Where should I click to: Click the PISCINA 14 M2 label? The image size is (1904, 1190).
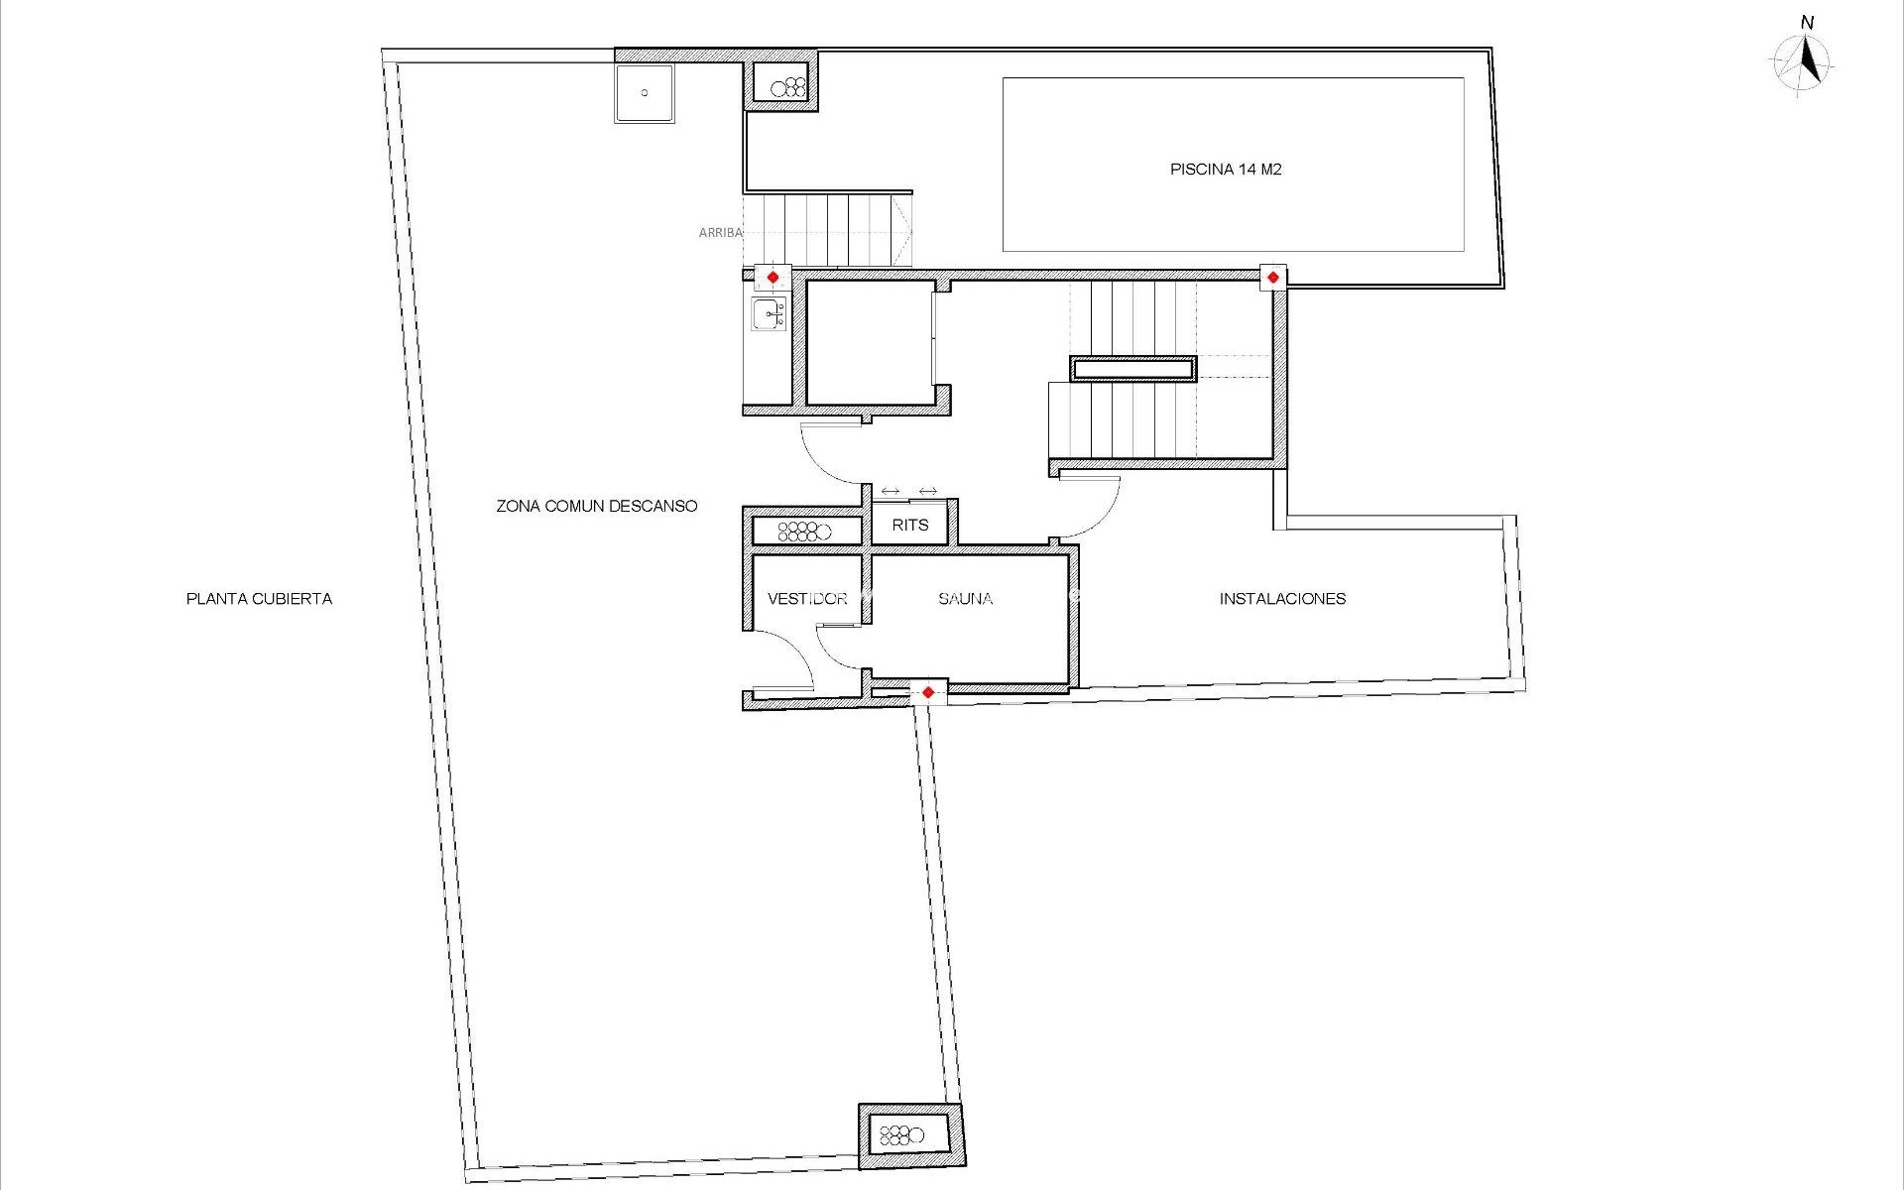tap(1225, 170)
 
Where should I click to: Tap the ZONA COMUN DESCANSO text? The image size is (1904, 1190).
tap(596, 506)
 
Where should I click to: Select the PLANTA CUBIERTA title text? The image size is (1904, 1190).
tap(259, 599)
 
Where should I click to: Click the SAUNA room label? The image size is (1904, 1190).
tap(965, 599)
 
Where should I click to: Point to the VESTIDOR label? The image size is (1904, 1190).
tap(806, 599)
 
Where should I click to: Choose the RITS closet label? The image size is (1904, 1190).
tap(909, 525)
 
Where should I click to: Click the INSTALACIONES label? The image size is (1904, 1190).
tap(1281, 599)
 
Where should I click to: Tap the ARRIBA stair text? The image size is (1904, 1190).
tap(720, 233)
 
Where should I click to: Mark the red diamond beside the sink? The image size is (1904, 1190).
tap(773, 278)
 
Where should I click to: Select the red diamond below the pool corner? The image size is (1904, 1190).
tap(1272, 278)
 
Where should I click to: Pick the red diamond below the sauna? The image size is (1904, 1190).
tap(927, 692)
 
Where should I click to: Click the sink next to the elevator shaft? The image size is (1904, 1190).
tap(769, 314)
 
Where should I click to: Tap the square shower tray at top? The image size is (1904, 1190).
tap(644, 93)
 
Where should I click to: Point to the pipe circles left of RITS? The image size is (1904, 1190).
tap(803, 532)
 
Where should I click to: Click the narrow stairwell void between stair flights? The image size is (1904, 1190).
tap(1132, 369)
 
